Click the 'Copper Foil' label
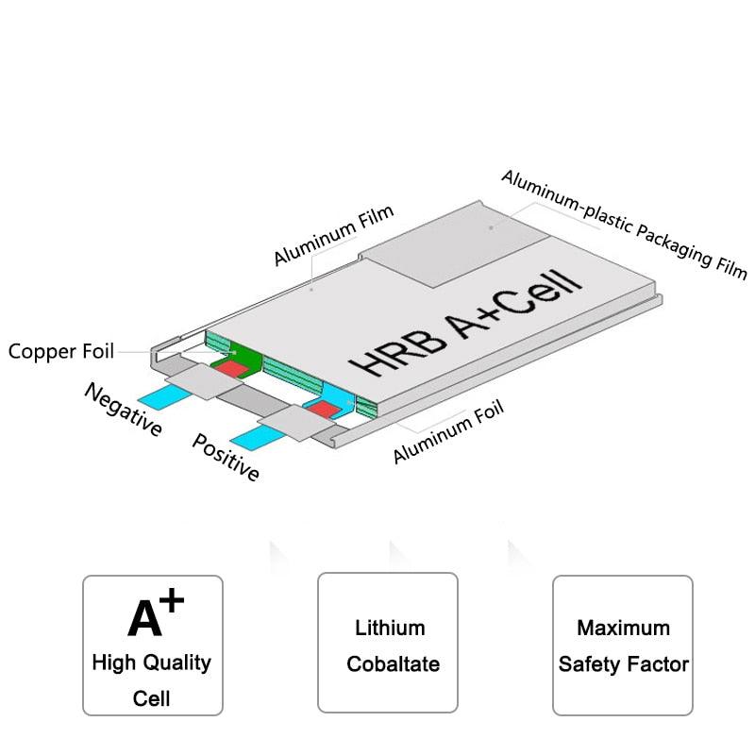(61, 352)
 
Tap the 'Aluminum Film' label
(333, 238)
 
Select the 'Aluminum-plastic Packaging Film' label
(623, 225)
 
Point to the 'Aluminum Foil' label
(448, 431)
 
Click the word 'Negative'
(124, 409)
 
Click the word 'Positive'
(226, 457)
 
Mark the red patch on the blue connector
(324, 409)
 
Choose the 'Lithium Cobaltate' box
(387, 644)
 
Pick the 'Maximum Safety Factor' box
(623, 644)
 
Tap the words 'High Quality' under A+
(152, 662)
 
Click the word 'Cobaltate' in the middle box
(393, 663)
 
